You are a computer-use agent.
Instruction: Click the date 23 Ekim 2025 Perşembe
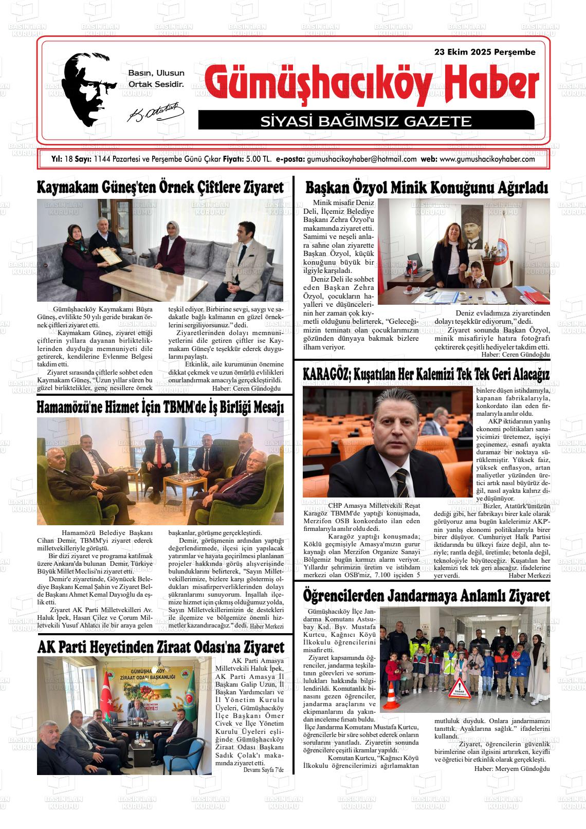click(485, 52)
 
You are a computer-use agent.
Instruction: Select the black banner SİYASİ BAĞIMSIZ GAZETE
click(366, 121)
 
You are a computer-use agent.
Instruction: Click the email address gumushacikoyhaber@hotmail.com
click(361, 159)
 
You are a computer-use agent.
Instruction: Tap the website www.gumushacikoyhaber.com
click(487, 159)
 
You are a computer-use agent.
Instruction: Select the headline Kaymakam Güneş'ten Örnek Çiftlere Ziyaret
click(160, 188)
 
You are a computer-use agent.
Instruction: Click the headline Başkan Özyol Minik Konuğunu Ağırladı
click(426, 188)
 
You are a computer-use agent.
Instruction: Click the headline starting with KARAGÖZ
click(426, 374)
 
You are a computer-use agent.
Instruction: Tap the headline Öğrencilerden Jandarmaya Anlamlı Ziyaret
click(426, 596)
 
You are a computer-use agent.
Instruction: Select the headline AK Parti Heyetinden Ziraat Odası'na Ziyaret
click(160, 647)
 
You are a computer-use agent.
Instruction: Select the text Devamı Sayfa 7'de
click(263, 769)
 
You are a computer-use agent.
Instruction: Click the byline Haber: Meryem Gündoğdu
click(512, 768)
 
